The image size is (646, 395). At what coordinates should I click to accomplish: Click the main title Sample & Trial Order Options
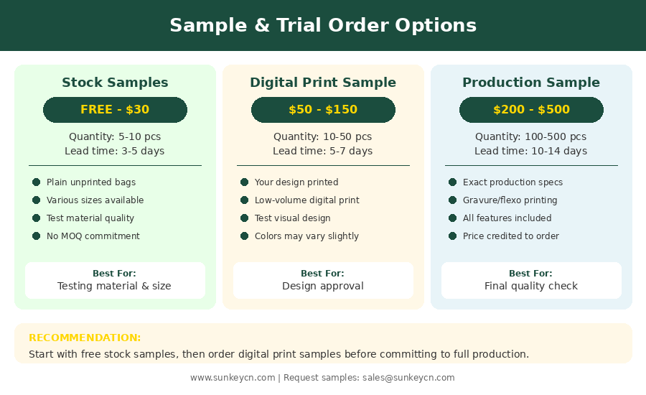click(323, 25)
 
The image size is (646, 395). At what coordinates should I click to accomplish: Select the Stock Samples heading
click(115, 83)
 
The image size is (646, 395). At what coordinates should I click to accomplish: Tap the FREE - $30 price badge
click(115, 110)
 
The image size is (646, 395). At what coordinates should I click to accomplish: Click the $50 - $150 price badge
click(323, 110)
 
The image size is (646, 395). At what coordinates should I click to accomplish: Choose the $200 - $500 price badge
click(531, 110)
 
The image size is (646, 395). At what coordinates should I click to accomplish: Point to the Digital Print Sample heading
click(323, 83)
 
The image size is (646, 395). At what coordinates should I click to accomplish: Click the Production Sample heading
click(531, 83)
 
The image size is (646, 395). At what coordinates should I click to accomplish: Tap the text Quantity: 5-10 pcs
click(115, 136)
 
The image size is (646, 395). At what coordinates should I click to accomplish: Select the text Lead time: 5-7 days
click(322, 151)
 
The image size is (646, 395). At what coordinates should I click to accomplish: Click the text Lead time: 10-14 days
click(530, 151)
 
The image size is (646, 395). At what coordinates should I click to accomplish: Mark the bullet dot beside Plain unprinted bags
click(37, 182)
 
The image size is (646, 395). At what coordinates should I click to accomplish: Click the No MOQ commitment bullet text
click(93, 236)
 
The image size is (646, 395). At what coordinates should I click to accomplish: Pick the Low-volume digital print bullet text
click(307, 200)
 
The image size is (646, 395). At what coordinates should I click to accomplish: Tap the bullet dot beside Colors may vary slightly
click(244, 236)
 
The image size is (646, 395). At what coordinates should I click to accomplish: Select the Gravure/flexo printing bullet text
click(510, 200)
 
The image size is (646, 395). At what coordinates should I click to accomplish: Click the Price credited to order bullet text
click(511, 236)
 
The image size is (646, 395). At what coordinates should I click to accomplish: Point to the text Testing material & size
click(114, 286)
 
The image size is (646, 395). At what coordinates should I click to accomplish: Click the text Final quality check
click(531, 286)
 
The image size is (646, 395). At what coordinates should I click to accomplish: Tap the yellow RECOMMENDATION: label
click(85, 338)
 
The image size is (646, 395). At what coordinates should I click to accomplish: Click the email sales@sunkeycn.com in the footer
click(408, 378)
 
